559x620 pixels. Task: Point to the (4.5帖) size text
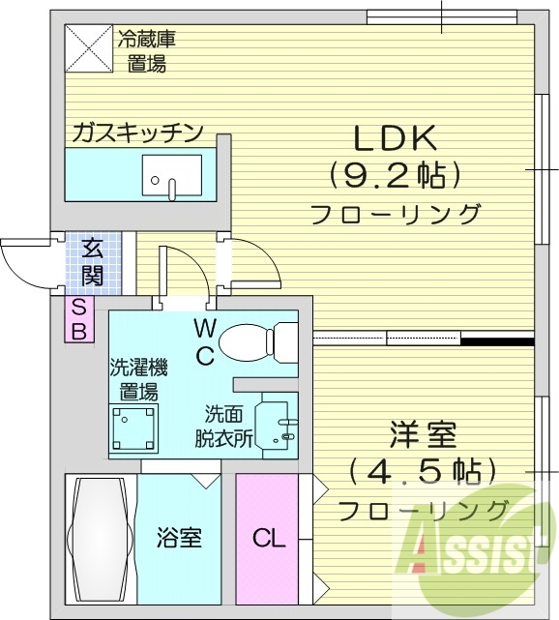[423, 472]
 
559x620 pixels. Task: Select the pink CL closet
[269, 538]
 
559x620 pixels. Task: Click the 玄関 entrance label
[93, 260]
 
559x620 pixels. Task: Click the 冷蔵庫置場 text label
[147, 52]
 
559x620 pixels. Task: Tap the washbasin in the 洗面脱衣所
[279, 422]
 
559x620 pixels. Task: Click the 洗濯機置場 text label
[138, 379]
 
